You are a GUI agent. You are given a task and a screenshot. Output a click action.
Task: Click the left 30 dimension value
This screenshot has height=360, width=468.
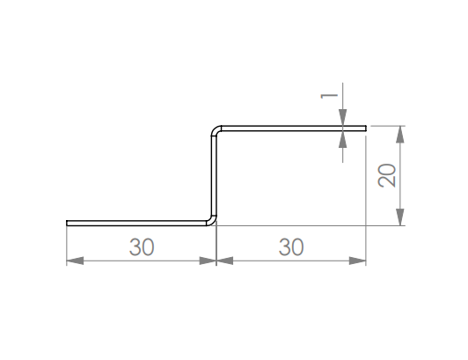pos(141,247)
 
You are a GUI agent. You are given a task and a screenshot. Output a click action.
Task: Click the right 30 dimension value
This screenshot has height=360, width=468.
pos(290,247)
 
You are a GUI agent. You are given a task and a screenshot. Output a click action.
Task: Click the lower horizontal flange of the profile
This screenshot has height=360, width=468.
pos(136,223)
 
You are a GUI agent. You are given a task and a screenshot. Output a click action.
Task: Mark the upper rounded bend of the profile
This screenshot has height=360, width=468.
pos(216,131)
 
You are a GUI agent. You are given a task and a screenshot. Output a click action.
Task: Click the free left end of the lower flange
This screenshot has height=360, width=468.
pos(68,223)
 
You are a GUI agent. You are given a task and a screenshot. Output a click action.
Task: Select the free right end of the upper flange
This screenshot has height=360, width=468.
pos(365,128)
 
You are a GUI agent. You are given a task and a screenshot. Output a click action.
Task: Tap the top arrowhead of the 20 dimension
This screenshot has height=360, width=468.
pos(401,134)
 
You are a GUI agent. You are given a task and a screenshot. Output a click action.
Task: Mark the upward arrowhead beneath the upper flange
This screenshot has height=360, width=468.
pos(343,137)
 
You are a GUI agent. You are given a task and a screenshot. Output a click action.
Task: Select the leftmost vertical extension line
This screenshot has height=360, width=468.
pos(67,246)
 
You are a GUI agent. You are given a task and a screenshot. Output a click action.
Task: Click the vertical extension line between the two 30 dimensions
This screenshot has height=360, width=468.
pos(216,246)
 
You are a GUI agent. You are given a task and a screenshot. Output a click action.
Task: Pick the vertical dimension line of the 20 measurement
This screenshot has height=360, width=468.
pos(401,176)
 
